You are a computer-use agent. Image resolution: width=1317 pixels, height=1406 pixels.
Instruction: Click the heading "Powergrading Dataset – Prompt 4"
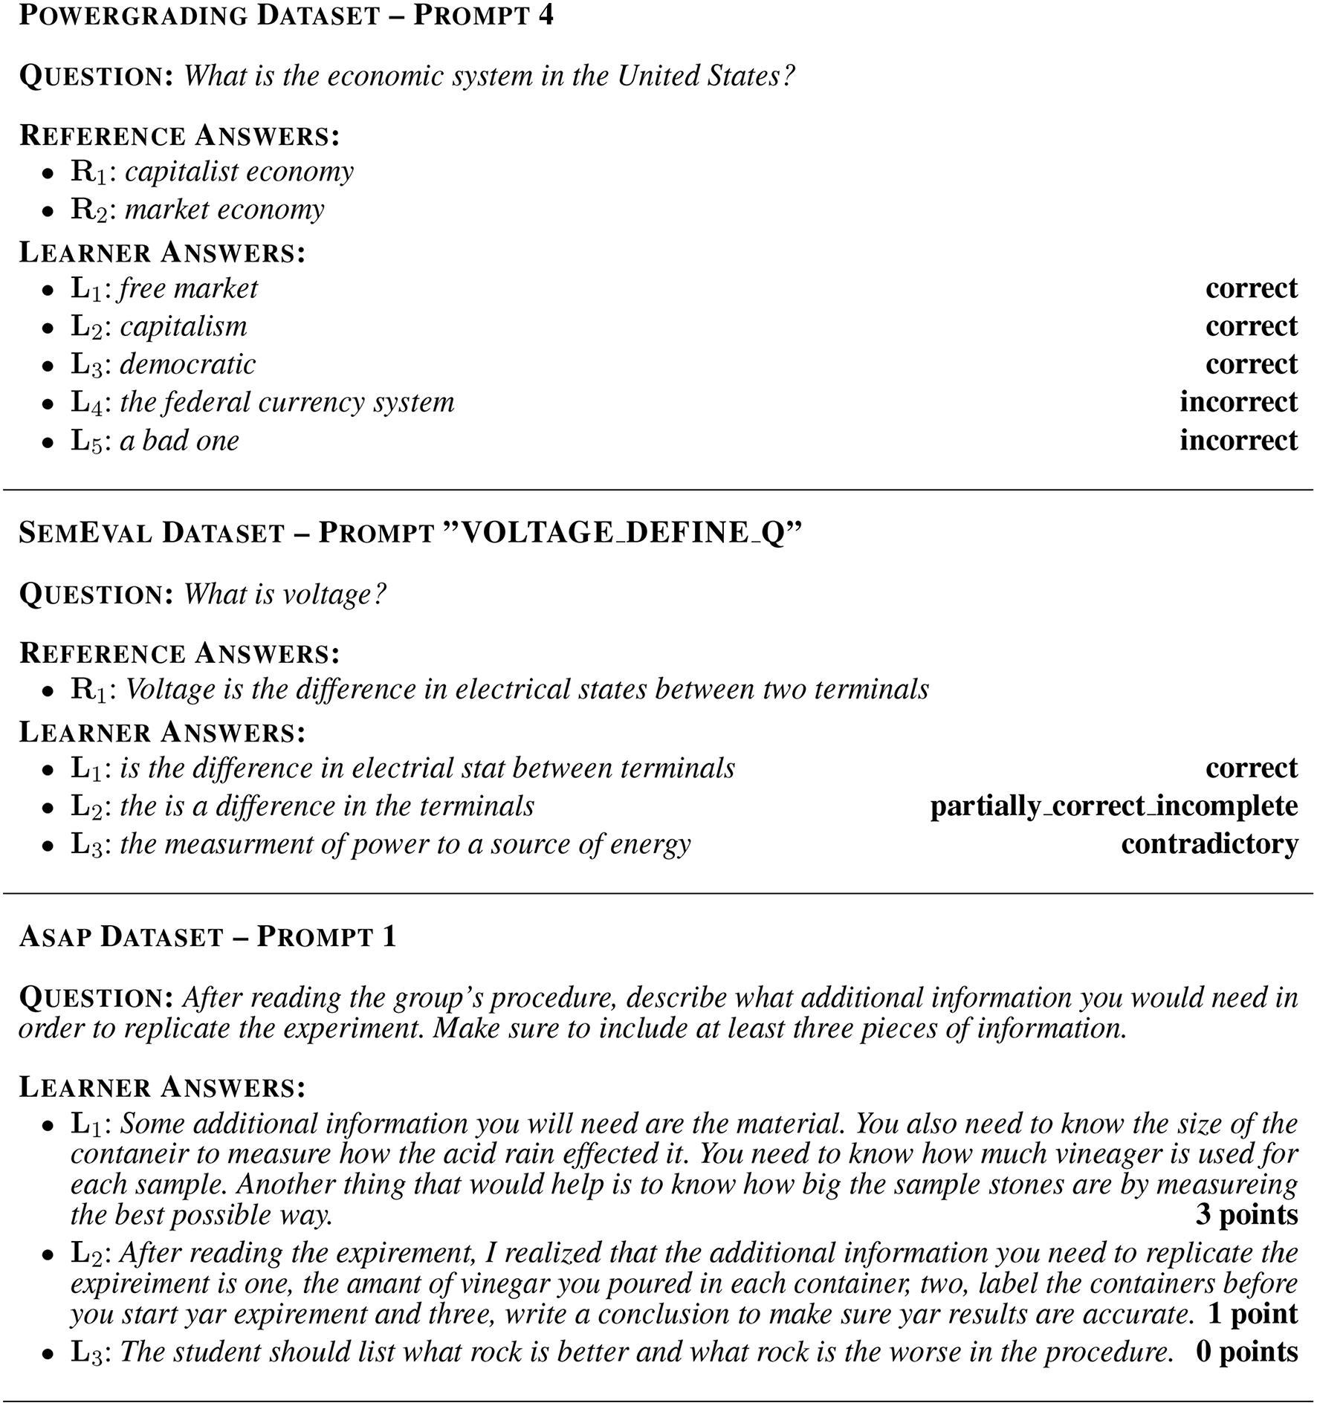[286, 16]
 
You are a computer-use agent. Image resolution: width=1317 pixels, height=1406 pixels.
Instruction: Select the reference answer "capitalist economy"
[239, 172]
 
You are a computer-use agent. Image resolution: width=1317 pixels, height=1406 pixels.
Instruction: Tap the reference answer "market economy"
[224, 210]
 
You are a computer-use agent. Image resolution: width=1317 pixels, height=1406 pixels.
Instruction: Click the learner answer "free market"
[188, 288]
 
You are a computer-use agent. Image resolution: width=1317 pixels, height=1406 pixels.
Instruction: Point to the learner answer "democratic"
[187, 364]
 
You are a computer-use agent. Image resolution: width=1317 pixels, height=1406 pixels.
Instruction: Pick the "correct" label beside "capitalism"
[1251, 326]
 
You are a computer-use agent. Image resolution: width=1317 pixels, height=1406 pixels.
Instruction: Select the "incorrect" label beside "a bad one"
[1238, 441]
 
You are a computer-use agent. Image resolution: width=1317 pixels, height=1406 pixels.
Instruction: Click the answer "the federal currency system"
[286, 402]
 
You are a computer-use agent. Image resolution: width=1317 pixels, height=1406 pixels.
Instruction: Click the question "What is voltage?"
[285, 595]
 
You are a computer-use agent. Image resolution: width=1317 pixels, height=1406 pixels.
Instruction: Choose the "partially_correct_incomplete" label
[1113, 806]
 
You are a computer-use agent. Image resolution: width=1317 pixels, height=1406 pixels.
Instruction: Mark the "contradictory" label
[1209, 844]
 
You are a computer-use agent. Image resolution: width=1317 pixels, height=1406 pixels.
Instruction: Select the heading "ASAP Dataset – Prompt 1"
[207, 936]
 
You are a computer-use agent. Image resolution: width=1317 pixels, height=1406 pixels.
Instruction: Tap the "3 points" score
[1246, 1214]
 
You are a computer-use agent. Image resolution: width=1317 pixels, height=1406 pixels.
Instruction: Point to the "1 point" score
[1252, 1314]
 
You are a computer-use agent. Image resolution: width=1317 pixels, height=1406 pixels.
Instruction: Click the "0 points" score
[1246, 1352]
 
